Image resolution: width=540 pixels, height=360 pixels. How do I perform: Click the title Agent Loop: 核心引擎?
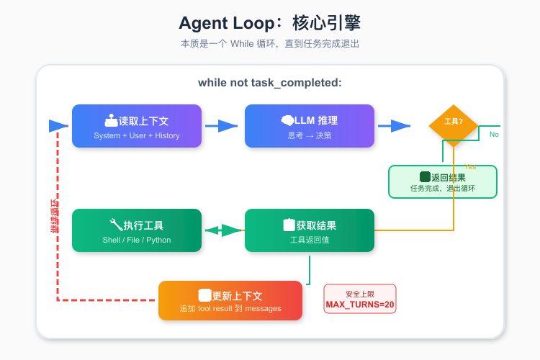tap(270, 23)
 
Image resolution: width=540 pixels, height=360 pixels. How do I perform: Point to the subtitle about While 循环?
tap(270, 43)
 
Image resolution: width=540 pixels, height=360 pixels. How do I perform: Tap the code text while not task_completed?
tap(270, 83)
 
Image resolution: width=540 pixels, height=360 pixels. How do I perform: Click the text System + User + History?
tap(137, 135)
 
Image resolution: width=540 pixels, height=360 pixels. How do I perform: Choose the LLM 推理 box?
tap(310, 126)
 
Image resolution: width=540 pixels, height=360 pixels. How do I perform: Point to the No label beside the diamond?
tap(494, 135)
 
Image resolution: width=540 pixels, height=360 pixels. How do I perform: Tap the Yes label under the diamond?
tap(470, 166)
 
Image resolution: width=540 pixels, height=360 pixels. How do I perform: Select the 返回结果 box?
tap(443, 181)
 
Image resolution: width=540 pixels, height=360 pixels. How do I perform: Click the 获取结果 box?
tap(310, 230)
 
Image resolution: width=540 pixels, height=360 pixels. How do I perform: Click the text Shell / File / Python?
tap(137, 240)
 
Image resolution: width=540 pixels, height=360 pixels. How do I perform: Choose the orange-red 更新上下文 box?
tap(230, 300)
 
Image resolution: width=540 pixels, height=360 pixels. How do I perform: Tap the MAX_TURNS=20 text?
tap(360, 305)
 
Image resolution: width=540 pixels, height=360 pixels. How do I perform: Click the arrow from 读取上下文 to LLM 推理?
tap(222, 126)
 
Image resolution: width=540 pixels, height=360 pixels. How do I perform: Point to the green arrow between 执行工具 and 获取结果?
tap(223, 230)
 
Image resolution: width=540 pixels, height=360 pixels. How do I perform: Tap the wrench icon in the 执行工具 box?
tap(116, 225)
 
